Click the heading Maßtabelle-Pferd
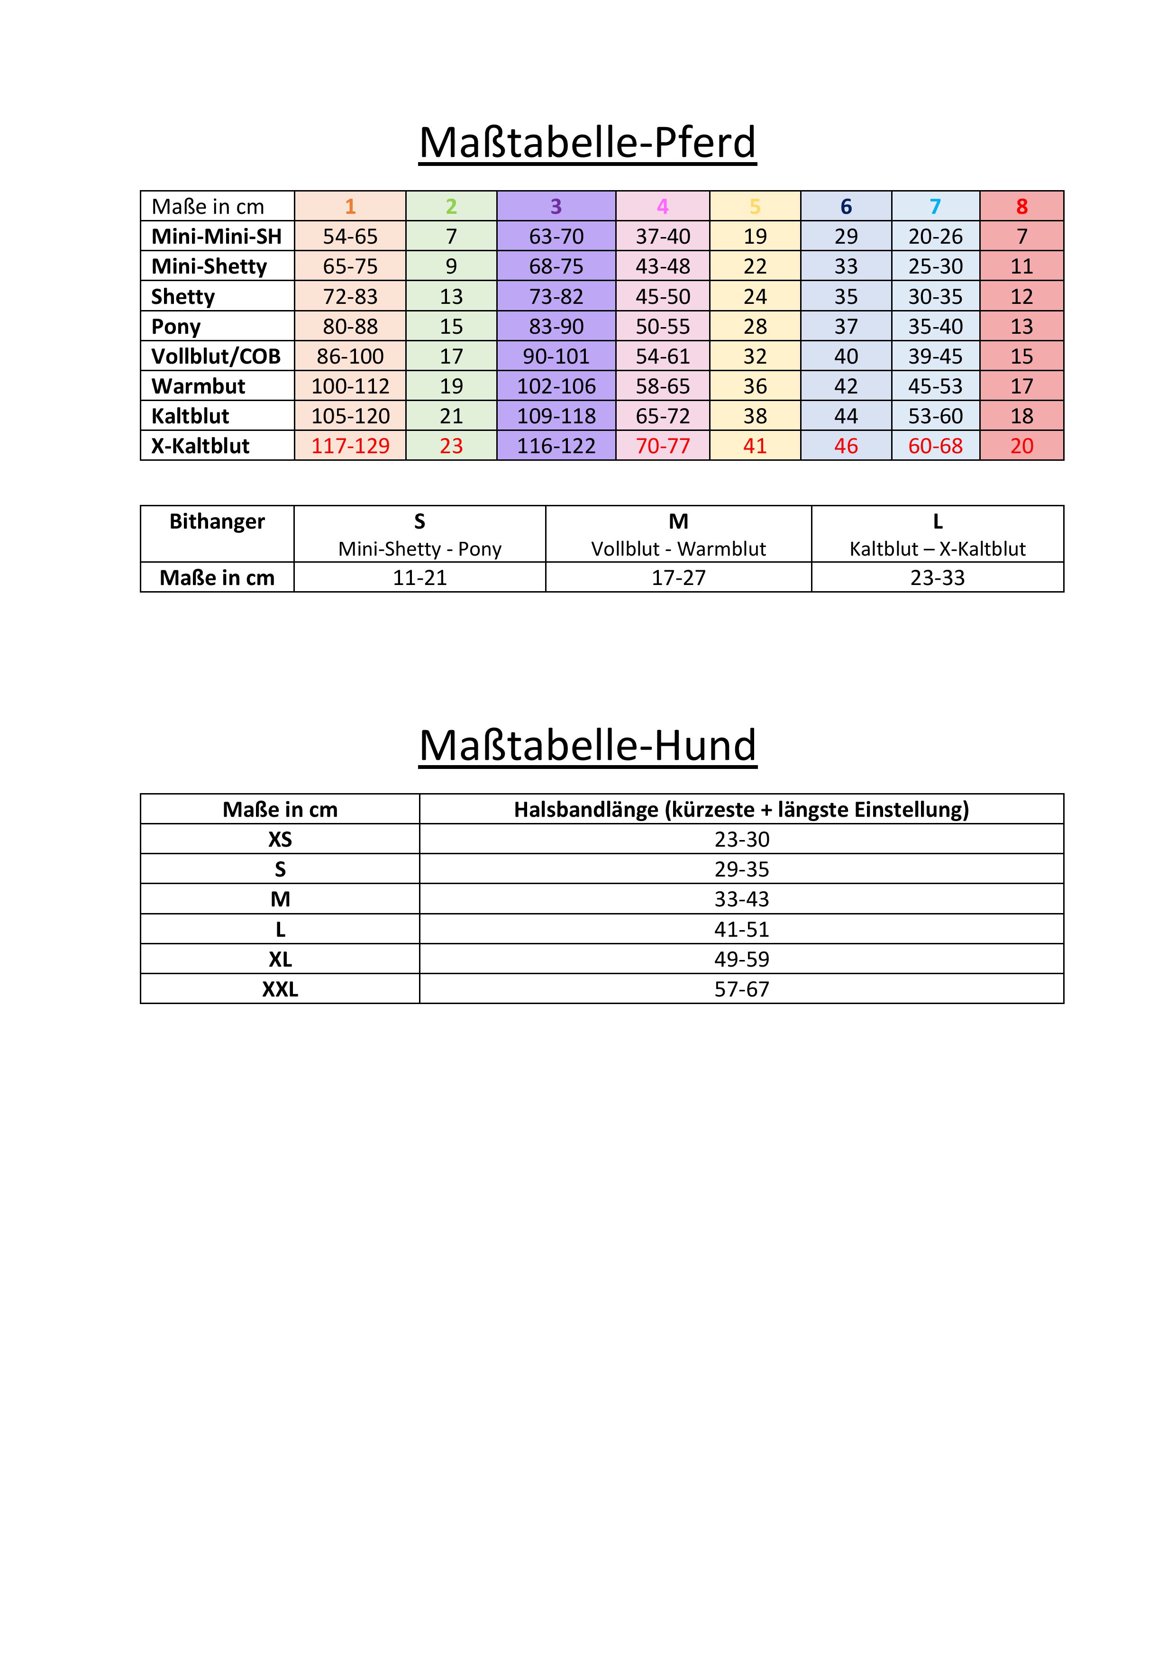587,143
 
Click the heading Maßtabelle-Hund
587,745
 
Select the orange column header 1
350,206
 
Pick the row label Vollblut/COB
216,356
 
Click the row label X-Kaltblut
200,446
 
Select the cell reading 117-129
350,446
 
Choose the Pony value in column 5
755,327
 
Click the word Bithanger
217,521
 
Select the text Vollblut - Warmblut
678,549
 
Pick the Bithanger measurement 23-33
937,578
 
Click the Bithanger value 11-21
419,578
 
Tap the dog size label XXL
280,989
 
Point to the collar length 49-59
741,959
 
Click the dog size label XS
280,840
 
